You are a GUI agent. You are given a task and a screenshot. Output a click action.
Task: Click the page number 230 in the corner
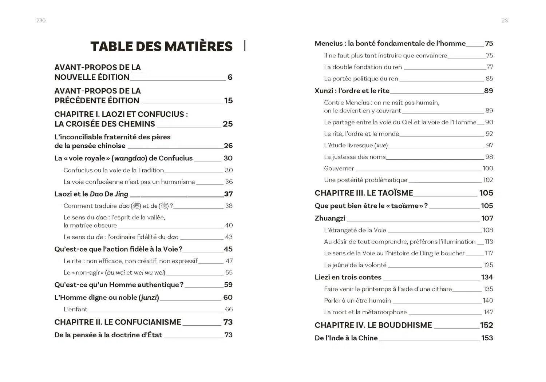pos(41,21)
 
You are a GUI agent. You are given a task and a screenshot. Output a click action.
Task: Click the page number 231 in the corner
pos(505,21)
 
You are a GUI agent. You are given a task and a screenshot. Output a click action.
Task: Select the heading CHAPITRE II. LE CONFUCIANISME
pos(118,322)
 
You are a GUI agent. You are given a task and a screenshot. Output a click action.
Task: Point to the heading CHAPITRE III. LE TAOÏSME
pos(364,193)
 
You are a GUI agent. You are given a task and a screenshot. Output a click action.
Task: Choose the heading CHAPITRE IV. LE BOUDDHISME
pos(373,325)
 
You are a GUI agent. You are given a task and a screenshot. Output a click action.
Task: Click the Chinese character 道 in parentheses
pos(136,206)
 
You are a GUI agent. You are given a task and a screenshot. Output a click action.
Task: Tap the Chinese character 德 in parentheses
pos(164,206)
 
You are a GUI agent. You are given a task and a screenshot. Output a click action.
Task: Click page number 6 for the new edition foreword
pos(230,77)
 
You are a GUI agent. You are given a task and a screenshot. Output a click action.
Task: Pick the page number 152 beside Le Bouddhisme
pos(486,325)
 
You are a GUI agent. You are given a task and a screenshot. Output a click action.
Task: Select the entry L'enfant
pos(75,309)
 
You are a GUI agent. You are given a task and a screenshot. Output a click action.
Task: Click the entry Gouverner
pos(339,168)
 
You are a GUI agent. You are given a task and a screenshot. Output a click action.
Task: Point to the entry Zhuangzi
pos(330,218)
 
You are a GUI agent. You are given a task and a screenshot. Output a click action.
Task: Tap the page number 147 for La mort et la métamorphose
pos(488,312)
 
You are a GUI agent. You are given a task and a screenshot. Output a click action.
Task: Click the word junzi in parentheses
pos(149,298)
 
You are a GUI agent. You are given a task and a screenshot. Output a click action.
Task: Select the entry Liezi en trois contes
pos(348,277)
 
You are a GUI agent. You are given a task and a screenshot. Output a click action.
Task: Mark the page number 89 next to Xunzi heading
pos(488,91)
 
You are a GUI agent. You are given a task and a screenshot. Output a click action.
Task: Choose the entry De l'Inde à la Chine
pos(346,338)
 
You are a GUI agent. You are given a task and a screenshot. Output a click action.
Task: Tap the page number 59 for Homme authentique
pos(228,284)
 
